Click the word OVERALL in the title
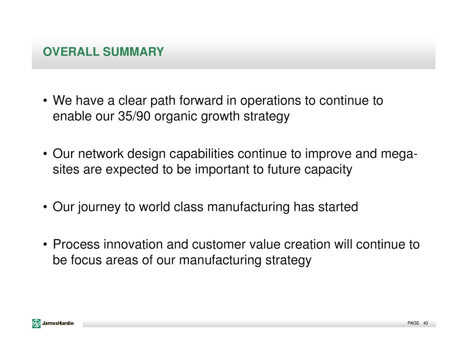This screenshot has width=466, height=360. (x=71, y=52)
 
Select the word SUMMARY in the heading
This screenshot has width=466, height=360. (x=133, y=52)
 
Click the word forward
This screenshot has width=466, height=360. (x=201, y=101)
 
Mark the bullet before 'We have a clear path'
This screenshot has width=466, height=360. (x=45, y=101)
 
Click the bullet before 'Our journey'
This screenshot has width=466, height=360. (x=45, y=207)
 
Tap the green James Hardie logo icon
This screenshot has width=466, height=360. (x=36, y=324)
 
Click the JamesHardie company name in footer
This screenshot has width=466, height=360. (x=58, y=324)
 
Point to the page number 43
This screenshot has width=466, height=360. (x=425, y=323)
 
